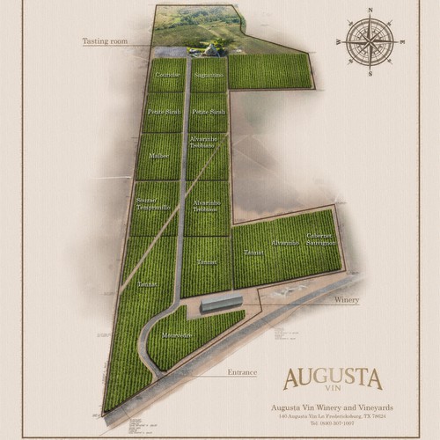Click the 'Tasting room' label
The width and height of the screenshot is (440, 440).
pyautogui.click(x=105, y=40)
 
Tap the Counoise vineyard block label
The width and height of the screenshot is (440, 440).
pyautogui.click(x=167, y=76)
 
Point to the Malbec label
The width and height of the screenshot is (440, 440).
pyautogui.click(x=159, y=155)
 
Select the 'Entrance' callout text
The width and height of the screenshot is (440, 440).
pyautogui.click(x=242, y=372)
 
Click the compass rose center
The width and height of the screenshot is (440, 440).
pyautogui.click(x=369, y=41)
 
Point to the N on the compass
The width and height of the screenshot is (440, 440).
pyautogui.click(x=370, y=10)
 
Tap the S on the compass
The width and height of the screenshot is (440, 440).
pyautogui.click(x=370, y=73)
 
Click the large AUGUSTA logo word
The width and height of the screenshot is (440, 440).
pyautogui.click(x=332, y=379)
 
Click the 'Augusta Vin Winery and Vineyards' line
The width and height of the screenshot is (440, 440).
pyautogui.click(x=331, y=407)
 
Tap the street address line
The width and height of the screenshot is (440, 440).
pyautogui.click(x=331, y=416)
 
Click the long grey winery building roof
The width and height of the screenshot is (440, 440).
pyautogui.click(x=221, y=304)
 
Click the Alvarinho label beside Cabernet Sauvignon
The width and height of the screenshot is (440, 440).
pyautogui.click(x=284, y=243)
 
